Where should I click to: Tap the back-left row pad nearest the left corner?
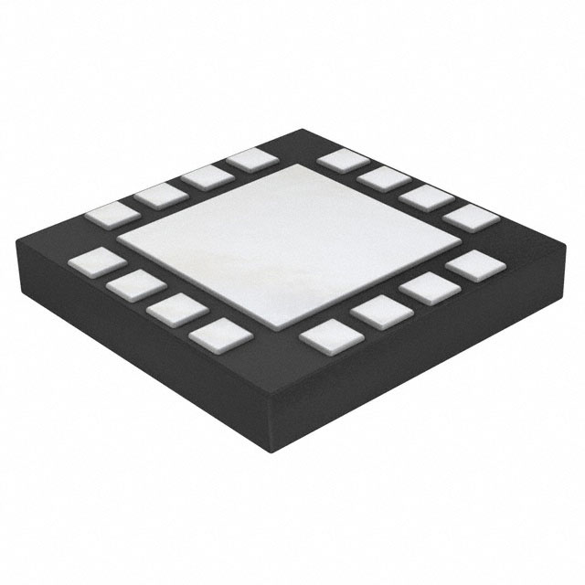[111, 214]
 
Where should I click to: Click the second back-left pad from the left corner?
[159, 193]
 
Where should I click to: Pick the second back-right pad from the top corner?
[383, 177]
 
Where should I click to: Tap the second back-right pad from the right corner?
[424, 197]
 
